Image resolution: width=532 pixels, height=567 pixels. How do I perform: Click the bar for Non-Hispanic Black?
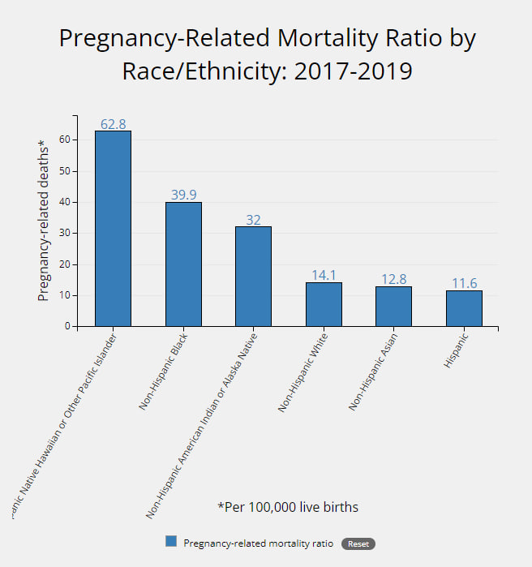[183, 264]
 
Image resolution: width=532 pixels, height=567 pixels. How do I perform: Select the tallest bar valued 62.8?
[113, 228]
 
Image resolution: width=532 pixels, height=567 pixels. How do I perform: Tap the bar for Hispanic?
[464, 308]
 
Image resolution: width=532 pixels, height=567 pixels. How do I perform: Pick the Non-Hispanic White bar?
[324, 304]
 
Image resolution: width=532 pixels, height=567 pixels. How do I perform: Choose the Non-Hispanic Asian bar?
[393, 306]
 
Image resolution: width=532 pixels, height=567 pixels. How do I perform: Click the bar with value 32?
[253, 276]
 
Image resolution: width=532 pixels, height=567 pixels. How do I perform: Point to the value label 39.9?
[183, 195]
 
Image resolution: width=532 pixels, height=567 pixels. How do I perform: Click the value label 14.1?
[324, 275]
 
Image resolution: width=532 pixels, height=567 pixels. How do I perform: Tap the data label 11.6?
[464, 283]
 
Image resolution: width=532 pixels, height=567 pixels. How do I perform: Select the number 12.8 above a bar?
[393, 279]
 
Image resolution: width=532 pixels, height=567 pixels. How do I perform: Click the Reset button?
[358, 543]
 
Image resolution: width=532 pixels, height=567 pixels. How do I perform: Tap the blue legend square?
[171, 542]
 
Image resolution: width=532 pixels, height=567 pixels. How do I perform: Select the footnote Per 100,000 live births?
[288, 507]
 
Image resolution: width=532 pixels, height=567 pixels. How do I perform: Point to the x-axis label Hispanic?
[456, 350]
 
